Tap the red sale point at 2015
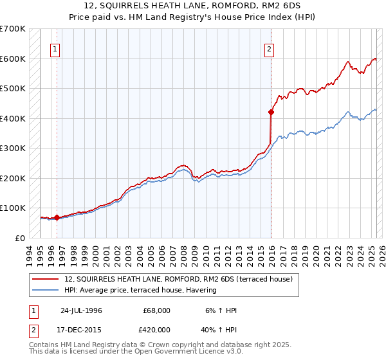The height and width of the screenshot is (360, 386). click(271, 113)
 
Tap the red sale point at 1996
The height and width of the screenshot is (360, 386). click(57, 217)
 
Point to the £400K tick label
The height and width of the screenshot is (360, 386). click(13, 118)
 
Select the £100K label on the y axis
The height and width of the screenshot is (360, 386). click(13, 208)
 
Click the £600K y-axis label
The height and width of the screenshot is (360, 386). click(13, 59)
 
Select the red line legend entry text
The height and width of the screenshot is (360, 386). click(179, 280)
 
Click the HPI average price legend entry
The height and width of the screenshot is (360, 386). click(140, 291)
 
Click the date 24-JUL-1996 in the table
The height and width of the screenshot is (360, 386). click(81, 310)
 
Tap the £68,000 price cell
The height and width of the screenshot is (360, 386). click(157, 310)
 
